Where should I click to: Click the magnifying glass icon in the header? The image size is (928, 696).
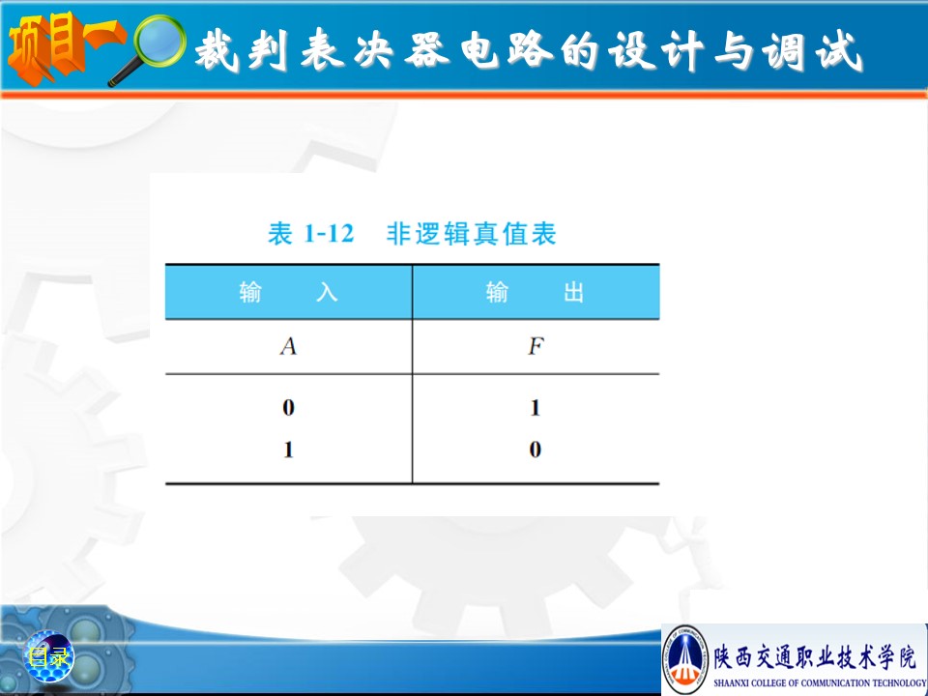pos(148,48)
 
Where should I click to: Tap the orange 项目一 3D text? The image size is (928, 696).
pos(64,47)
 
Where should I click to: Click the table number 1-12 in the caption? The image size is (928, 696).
pos(329,233)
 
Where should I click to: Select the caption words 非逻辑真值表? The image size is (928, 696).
pos(471,233)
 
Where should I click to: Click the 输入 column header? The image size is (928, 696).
pos(288,292)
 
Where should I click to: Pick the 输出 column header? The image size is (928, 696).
pos(535,292)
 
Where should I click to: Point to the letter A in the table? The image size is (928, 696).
pos(288,346)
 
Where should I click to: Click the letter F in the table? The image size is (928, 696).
pos(536,346)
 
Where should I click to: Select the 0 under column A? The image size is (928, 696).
pos(288,407)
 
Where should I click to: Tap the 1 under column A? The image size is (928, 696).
pos(288,449)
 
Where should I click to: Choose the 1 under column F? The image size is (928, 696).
pos(535,407)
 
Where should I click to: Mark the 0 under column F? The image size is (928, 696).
pos(535,449)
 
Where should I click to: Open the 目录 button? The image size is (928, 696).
pos(49,656)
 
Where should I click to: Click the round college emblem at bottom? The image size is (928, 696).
pos(685,659)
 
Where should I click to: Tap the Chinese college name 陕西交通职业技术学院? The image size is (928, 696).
pos(815,657)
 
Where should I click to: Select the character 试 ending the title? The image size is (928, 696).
pos(839,51)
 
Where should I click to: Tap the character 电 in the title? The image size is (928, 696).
pos(479,49)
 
